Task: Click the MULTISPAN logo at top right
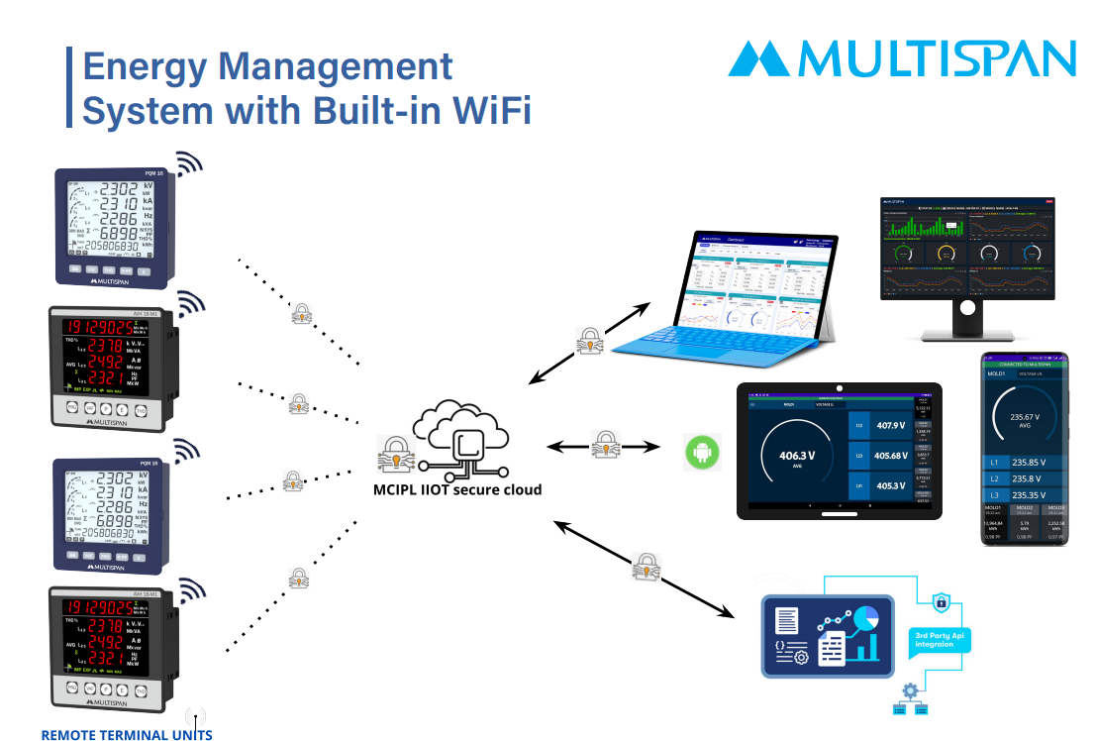pos(901,58)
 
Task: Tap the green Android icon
pos(702,453)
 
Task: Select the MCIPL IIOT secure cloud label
pos(456,489)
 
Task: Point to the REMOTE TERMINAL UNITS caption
pos(126,734)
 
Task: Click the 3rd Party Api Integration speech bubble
pos(939,638)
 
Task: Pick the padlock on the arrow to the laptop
pos(589,341)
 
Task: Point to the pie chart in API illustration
pos(868,619)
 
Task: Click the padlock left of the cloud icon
pos(393,454)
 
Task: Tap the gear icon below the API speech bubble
pos(907,689)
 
